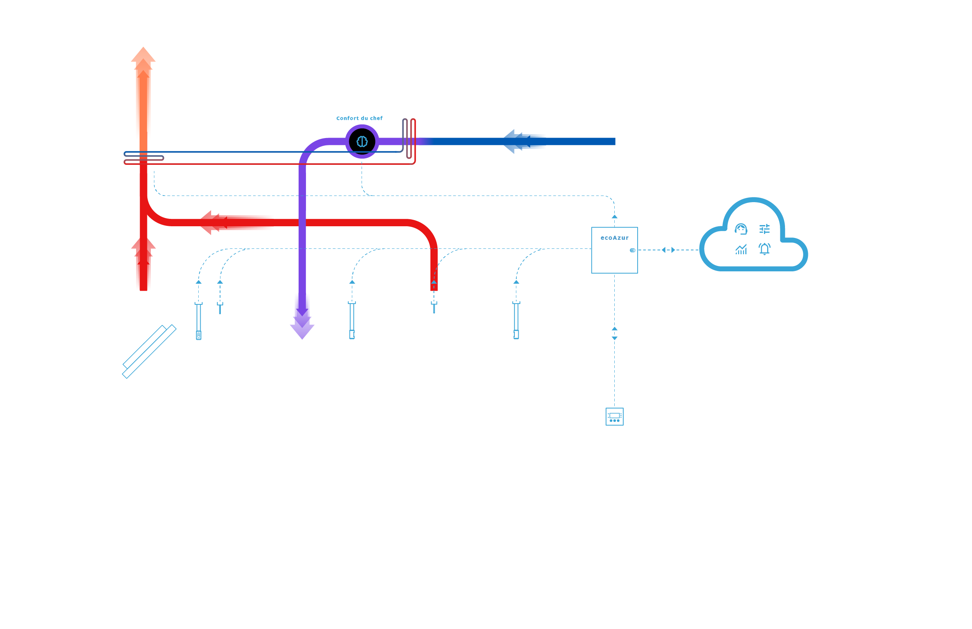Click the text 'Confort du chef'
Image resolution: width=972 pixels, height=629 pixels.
click(359, 118)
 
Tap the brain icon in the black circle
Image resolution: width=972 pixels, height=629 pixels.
click(362, 142)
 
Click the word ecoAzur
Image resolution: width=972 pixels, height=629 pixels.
click(614, 238)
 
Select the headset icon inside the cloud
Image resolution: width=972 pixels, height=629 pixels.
click(741, 229)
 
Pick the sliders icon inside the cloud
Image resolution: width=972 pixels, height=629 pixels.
click(764, 229)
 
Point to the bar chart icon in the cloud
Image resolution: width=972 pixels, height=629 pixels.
click(741, 249)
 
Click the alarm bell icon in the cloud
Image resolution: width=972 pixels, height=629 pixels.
click(764, 249)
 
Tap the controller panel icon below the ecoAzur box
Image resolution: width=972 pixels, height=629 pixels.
click(614, 416)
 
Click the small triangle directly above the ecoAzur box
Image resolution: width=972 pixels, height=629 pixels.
click(614, 217)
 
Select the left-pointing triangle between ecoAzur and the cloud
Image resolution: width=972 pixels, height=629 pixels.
click(664, 250)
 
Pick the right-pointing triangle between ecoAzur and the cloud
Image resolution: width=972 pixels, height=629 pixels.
click(673, 250)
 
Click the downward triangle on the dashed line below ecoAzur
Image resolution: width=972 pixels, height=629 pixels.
click(614, 338)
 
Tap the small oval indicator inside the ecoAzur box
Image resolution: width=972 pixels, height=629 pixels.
click(632, 250)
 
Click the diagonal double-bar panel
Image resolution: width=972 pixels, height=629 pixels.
click(149, 351)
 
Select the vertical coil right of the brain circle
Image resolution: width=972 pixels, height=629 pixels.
click(409, 139)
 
